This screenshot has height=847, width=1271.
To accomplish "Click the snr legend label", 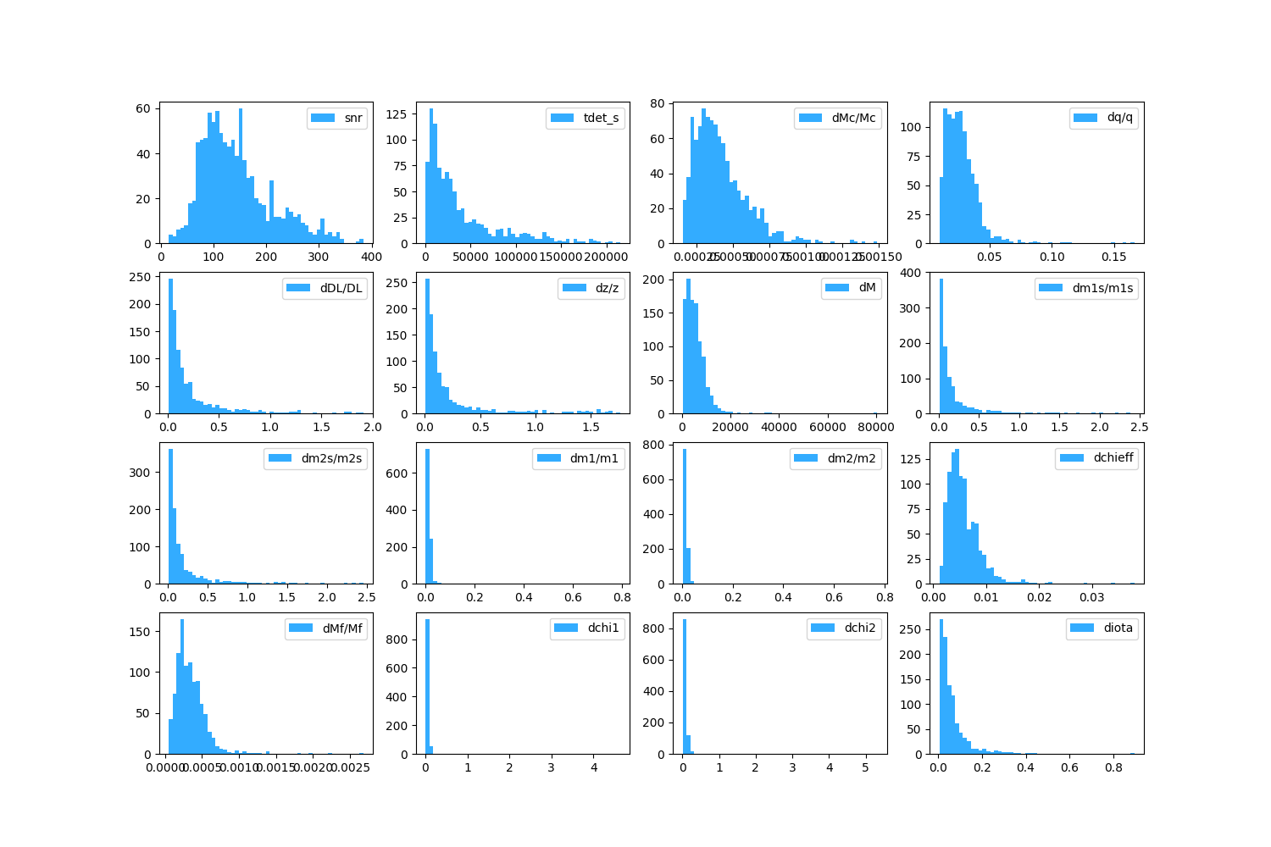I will (353, 118).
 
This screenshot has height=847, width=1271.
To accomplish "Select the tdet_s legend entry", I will (602, 118).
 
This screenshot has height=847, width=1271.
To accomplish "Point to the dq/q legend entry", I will (1119, 118).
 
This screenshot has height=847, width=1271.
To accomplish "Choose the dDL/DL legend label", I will (341, 288).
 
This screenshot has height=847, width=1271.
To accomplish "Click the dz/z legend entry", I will (607, 288).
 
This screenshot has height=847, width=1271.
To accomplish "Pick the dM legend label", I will (867, 288).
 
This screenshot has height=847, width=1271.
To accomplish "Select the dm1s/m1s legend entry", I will (1102, 288).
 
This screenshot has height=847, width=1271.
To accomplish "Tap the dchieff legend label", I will (1113, 458).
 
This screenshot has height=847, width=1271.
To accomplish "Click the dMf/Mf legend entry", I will (342, 628).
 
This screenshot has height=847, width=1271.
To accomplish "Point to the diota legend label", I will (1118, 628).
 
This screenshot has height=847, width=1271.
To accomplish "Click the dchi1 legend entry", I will (603, 628).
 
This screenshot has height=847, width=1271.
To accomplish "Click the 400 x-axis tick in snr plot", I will (371, 257).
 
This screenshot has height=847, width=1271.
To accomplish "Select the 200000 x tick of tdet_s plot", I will (607, 257).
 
